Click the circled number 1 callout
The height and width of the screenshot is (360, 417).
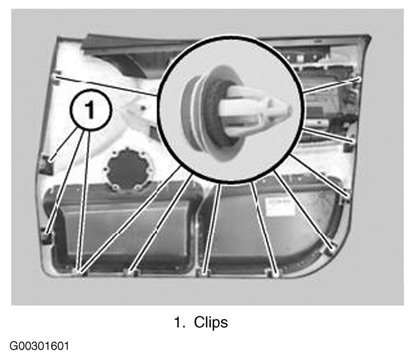pos(91,110)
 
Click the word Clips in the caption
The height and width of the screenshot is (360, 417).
pos(211,322)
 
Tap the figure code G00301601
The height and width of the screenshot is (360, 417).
pos(40,346)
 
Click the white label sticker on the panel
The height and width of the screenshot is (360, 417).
pos(280,206)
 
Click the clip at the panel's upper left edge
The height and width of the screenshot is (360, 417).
pos(57,77)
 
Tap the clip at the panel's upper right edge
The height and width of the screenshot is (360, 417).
pos(358,79)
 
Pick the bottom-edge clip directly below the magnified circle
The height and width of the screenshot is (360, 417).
pos(203,273)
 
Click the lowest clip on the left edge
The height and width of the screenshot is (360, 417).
pos(47,237)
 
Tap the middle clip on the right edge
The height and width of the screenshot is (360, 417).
pos(350,142)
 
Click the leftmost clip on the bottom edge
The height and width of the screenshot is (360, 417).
pos(81,271)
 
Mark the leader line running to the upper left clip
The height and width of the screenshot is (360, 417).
pos(107,86)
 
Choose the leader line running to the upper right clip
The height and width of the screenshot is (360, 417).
pos(330,86)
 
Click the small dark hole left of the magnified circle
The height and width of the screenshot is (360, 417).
pos(143,108)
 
